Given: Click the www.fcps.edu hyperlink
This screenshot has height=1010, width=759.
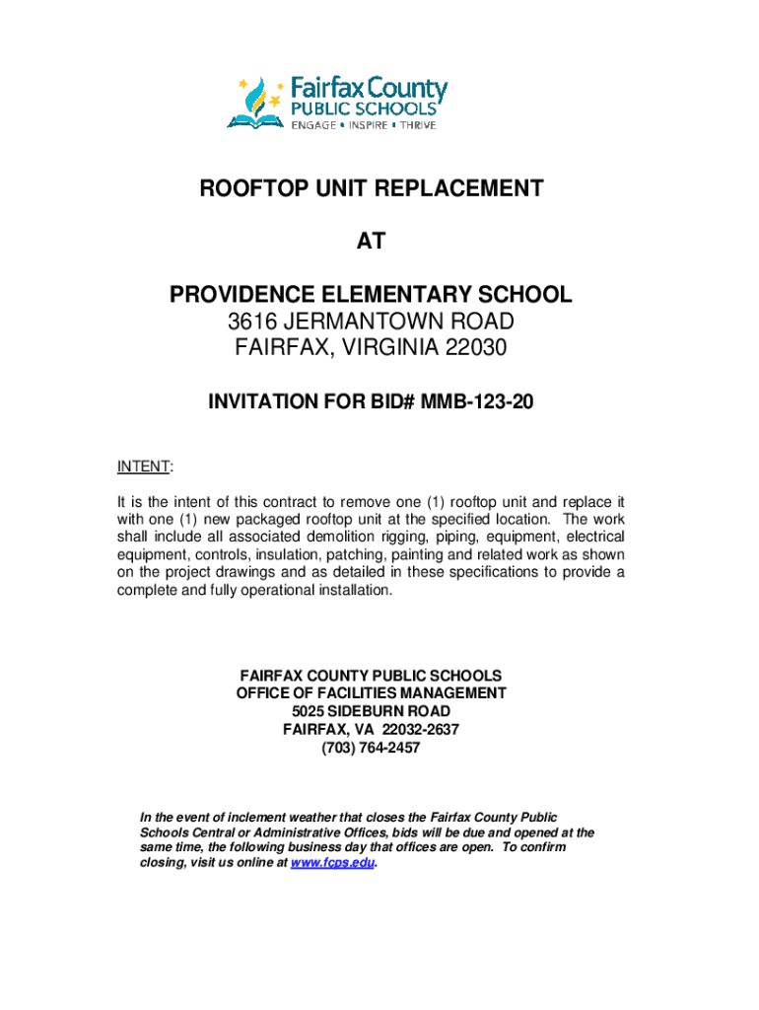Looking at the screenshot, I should pos(334,862).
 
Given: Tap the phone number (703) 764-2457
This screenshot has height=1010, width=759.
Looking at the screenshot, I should pos(371,748).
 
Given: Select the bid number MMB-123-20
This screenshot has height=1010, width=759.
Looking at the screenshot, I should pos(476,401).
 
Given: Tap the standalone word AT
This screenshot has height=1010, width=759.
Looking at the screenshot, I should pos(371,242).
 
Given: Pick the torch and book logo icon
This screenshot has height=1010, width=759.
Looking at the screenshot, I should pos(257,103).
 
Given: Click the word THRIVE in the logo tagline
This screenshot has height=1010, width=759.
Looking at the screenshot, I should pos(418,125).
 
